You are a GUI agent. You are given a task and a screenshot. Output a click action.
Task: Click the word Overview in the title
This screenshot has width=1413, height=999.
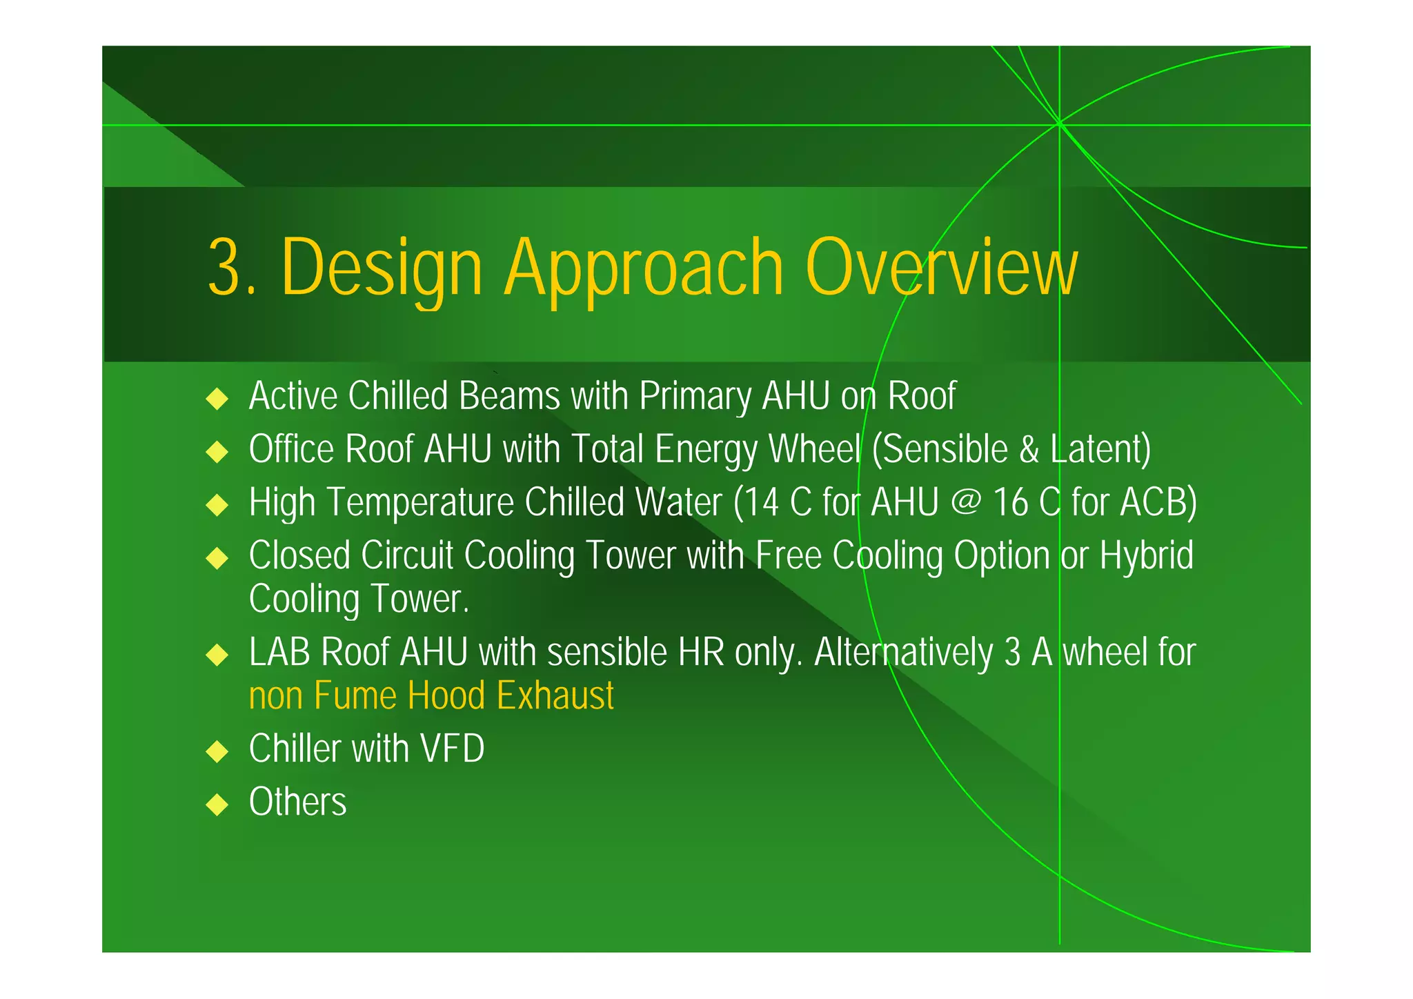(x=940, y=267)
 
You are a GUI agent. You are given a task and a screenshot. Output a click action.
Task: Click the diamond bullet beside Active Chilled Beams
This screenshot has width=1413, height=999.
(x=217, y=398)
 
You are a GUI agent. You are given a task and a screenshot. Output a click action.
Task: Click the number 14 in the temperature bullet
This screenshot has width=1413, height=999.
(x=762, y=502)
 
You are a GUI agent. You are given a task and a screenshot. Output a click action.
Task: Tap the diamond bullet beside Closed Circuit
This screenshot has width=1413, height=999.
(x=217, y=557)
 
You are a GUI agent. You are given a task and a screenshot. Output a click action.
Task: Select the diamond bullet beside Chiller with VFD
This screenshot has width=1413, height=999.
(x=217, y=751)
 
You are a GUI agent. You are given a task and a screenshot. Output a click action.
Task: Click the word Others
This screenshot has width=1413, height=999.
(x=297, y=802)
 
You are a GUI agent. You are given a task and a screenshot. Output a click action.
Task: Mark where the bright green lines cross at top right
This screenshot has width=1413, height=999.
(x=1059, y=124)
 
